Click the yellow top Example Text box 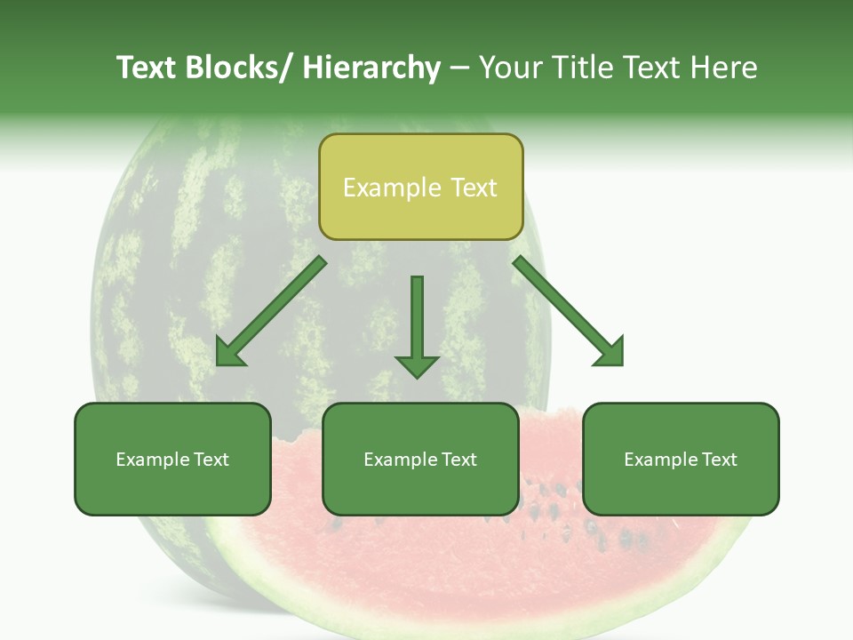pyautogui.click(x=420, y=188)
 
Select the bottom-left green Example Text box pyautogui.click(x=172, y=460)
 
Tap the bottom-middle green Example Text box pyautogui.click(x=420, y=460)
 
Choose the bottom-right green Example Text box pyautogui.click(x=681, y=460)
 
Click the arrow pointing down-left pyautogui.click(x=271, y=312)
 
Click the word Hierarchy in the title pyautogui.click(x=371, y=68)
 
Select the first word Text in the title pyautogui.click(x=147, y=68)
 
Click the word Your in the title pyautogui.click(x=510, y=68)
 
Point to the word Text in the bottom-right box pyautogui.click(x=720, y=460)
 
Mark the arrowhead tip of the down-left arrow pyautogui.click(x=219, y=364)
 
